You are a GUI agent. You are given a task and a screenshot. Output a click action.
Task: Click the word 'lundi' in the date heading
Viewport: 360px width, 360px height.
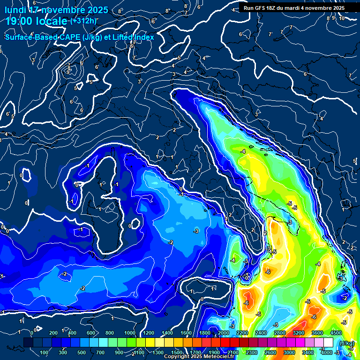point(15,10)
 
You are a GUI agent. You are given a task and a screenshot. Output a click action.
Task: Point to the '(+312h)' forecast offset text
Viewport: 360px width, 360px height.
point(83,21)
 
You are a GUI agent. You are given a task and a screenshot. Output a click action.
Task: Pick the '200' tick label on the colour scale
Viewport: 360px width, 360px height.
point(53,333)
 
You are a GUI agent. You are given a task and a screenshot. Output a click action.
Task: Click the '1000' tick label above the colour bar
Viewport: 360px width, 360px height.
point(129,333)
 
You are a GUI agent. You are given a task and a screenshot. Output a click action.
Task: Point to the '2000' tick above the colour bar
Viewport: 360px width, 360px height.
point(223,333)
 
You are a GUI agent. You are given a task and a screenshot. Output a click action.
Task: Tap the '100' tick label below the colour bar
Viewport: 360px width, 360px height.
point(45,352)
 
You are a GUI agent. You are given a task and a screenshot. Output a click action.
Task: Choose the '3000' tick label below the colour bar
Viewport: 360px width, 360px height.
point(289,352)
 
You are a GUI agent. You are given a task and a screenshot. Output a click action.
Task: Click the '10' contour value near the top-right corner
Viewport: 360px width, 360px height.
point(342,18)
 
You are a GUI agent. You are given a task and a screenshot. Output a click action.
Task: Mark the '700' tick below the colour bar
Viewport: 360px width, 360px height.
point(101,352)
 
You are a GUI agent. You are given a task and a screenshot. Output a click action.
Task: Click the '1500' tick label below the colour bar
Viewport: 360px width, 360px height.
point(176,352)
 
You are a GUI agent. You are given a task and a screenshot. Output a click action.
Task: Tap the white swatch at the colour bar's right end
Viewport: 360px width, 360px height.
point(329,343)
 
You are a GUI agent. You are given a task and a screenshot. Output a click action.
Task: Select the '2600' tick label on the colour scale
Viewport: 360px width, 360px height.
point(270,352)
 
